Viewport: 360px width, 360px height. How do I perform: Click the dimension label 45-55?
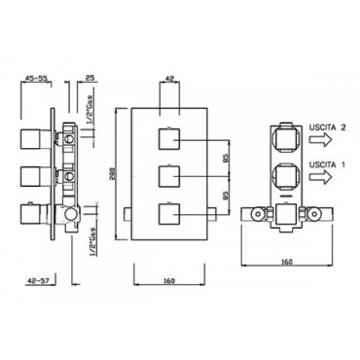pyautogui.click(x=36, y=78)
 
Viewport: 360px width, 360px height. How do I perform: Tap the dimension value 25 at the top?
pyautogui.click(x=90, y=78)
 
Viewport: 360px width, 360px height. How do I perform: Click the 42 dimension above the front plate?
pyautogui.click(x=169, y=78)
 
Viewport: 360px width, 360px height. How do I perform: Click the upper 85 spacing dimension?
pyautogui.click(x=226, y=158)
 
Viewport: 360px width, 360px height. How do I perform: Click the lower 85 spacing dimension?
pyautogui.click(x=226, y=195)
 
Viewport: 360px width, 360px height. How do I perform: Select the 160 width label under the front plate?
pyautogui.click(x=169, y=281)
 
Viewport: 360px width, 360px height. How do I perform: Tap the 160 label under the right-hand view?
pyautogui.click(x=287, y=262)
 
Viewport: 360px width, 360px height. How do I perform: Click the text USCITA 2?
pyautogui.click(x=327, y=127)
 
